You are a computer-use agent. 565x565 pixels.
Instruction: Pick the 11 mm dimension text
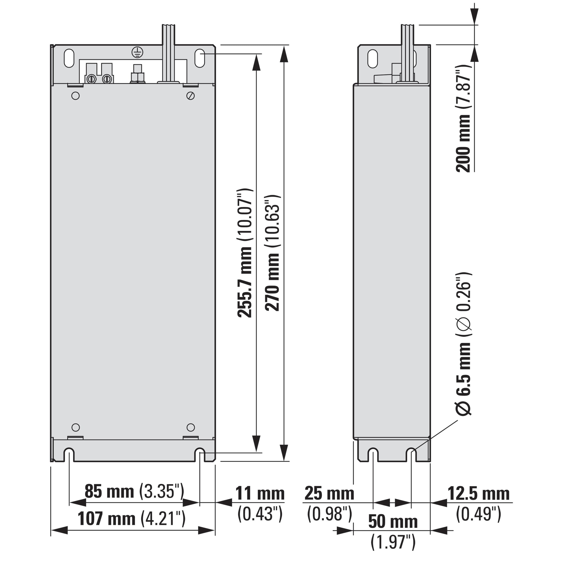click(260, 494)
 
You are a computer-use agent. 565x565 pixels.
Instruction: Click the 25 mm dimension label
click(329, 494)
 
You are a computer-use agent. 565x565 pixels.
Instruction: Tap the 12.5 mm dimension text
click(479, 494)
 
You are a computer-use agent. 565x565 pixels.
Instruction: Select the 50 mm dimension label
click(393, 522)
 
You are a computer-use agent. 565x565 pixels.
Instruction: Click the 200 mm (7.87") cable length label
click(463, 118)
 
